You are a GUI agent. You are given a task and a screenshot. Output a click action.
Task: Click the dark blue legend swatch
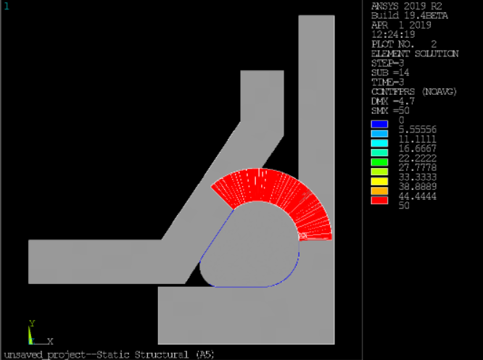click(x=379, y=124)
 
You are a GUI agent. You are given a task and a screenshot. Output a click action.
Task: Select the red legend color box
click(x=379, y=201)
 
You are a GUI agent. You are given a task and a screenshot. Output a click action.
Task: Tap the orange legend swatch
click(x=379, y=191)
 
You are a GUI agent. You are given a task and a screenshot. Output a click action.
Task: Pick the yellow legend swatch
click(x=379, y=181)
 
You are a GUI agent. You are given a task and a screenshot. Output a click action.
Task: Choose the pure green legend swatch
click(x=379, y=162)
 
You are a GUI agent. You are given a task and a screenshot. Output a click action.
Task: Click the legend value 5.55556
click(x=418, y=129)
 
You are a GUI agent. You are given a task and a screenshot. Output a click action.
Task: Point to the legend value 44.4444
click(x=418, y=196)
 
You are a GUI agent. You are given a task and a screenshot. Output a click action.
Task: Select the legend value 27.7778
click(x=418, y=167)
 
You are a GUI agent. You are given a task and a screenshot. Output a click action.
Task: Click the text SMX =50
click(x=390, y=110)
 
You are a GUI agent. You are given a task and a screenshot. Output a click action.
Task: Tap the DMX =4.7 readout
click(x=393, y=101)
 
